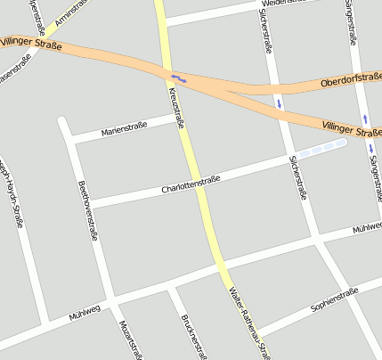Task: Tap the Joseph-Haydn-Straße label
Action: pyautogui.click(x=10, y=192)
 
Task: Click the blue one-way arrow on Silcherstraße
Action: pyautogui.click(x=280, y=103)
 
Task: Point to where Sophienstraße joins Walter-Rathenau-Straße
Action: pyautogui.click(x=258, y=332)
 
